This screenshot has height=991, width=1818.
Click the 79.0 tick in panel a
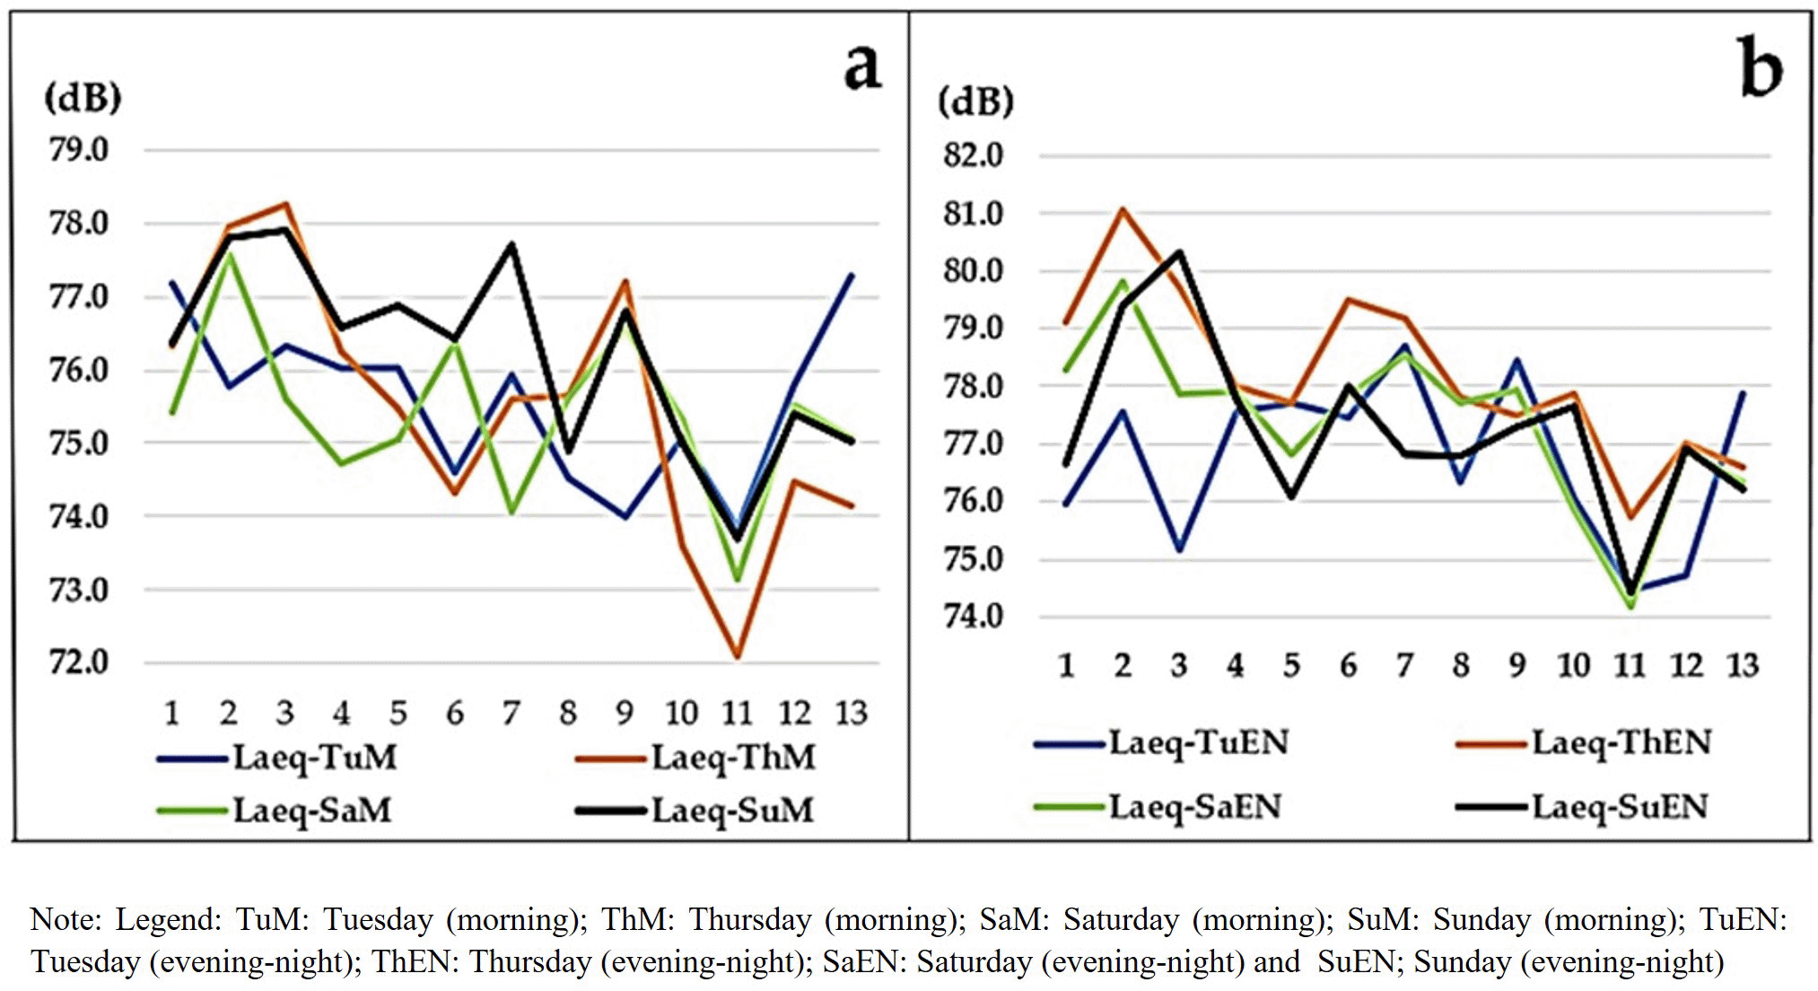coord(79,150)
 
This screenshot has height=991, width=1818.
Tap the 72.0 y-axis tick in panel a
coord(79,662)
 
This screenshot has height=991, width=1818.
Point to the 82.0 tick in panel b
coord(973,155)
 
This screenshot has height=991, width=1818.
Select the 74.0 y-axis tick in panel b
coord(973,617)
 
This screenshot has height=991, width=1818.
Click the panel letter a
coord(862,67)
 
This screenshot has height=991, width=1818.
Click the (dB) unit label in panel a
coord(83,97)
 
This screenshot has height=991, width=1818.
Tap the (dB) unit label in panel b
coord(975,101)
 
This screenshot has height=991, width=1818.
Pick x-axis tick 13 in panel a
coord(852,714)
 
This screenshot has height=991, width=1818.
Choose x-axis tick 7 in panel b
coord(1404,666)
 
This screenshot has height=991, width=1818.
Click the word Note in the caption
coord(62,920)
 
